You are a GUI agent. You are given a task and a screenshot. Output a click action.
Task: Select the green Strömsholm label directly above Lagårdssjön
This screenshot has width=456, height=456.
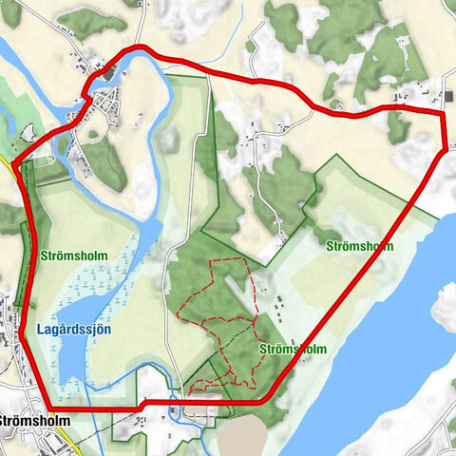pos(74,256)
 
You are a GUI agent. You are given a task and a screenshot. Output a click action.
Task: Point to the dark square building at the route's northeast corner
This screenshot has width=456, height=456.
pos(448,95)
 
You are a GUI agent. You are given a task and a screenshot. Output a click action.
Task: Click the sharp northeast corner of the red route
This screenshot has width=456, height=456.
pos(443,114)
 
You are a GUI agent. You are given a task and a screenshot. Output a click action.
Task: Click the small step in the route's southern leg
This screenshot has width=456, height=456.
pos(142,405)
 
